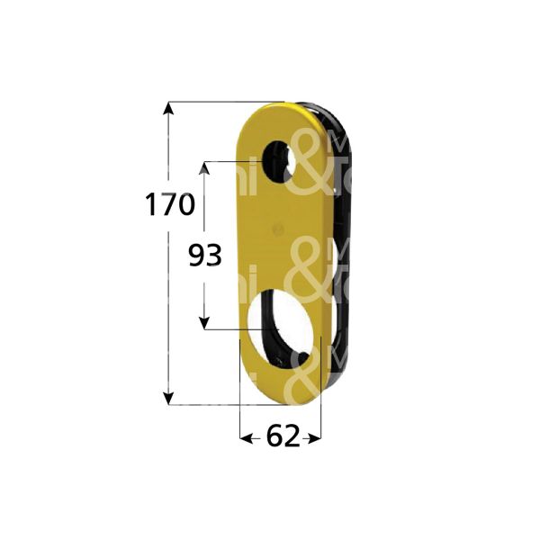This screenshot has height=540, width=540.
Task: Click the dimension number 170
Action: (x=169, y=205)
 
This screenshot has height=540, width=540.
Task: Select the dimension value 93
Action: (x=204, y=257)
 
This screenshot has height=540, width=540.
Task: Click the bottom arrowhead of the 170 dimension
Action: (x=167, y=397)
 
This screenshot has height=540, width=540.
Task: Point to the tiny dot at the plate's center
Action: (x=279, y=230)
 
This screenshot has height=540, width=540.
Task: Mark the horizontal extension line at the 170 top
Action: (x=225, y=102)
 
